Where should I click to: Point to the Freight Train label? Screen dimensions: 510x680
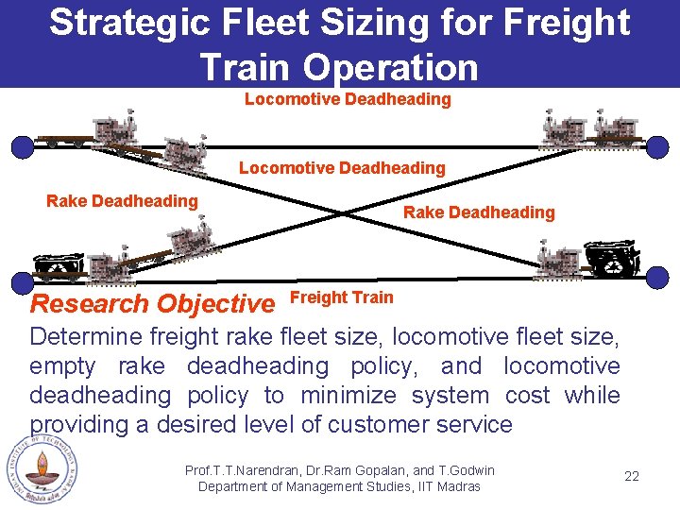pyautogui.click(x=341, y=297)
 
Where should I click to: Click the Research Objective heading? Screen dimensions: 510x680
pyautogui.click(x=152, y=304)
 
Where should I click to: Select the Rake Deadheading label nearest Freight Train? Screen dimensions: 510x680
pyautogui.click(x=479, y=212)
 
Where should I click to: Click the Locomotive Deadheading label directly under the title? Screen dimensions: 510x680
pyautogui.click(x=348, y=99)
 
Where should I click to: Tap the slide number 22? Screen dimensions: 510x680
pyautogui.click(x=632, y=476)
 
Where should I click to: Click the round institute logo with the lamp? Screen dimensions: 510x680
pyautogui.click(x=42, y=469)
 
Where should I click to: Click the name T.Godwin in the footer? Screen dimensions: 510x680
pyautogui.click(x=465, y=470)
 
